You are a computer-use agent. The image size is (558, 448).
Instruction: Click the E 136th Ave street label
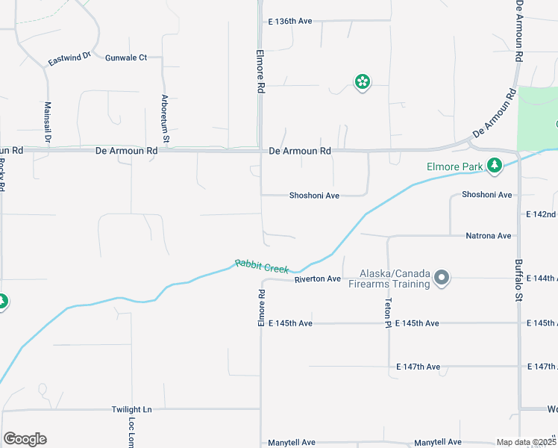(x=290, y=21)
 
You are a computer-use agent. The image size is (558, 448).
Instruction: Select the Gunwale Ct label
(x=126, y=57)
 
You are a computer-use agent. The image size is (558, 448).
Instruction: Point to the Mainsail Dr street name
(x=47, y=122)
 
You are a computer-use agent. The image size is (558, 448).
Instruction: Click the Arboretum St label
(x=166, y=118)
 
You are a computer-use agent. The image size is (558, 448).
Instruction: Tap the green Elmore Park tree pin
(x=494, y=165)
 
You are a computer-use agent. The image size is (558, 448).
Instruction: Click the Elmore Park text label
(x=454, y=167)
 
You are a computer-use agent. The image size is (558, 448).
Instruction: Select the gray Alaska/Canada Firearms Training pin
(x=442, y=279)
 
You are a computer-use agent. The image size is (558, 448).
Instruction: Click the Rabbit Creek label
(x=262, y=266)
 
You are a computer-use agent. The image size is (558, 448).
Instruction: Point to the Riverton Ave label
(x=317, y=279)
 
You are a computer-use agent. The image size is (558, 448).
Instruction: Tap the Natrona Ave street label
(x=488, y=235)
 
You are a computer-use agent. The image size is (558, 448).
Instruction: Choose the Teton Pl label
(x=388, y=311)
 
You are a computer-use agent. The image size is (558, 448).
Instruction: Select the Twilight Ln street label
(x=131, y=410)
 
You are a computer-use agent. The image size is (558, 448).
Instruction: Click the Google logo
(x=25, y=439)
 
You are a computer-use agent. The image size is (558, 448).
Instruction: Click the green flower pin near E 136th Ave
(x=362, y=81)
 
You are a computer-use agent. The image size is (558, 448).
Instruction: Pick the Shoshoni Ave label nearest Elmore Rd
(x=314, y=196)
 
